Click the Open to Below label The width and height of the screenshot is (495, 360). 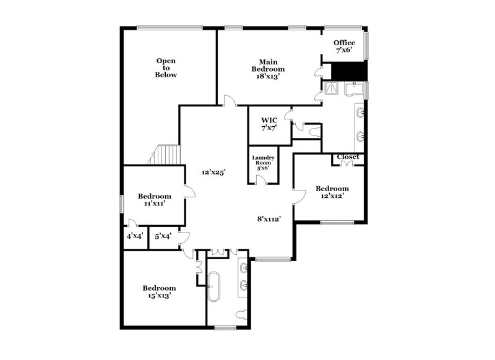166,67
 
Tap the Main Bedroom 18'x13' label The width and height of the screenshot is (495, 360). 267,69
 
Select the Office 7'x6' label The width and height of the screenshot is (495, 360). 344,46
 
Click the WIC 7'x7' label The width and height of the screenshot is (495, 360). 269,123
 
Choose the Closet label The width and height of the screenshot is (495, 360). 348,157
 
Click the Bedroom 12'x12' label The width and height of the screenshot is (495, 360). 332,192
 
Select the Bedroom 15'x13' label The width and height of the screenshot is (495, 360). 159,291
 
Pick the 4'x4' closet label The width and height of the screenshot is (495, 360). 134,236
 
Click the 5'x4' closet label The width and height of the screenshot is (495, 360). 163,236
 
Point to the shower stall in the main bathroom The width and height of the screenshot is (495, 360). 335,90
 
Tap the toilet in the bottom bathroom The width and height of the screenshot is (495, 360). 246,312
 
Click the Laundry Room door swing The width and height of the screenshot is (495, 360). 262,179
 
